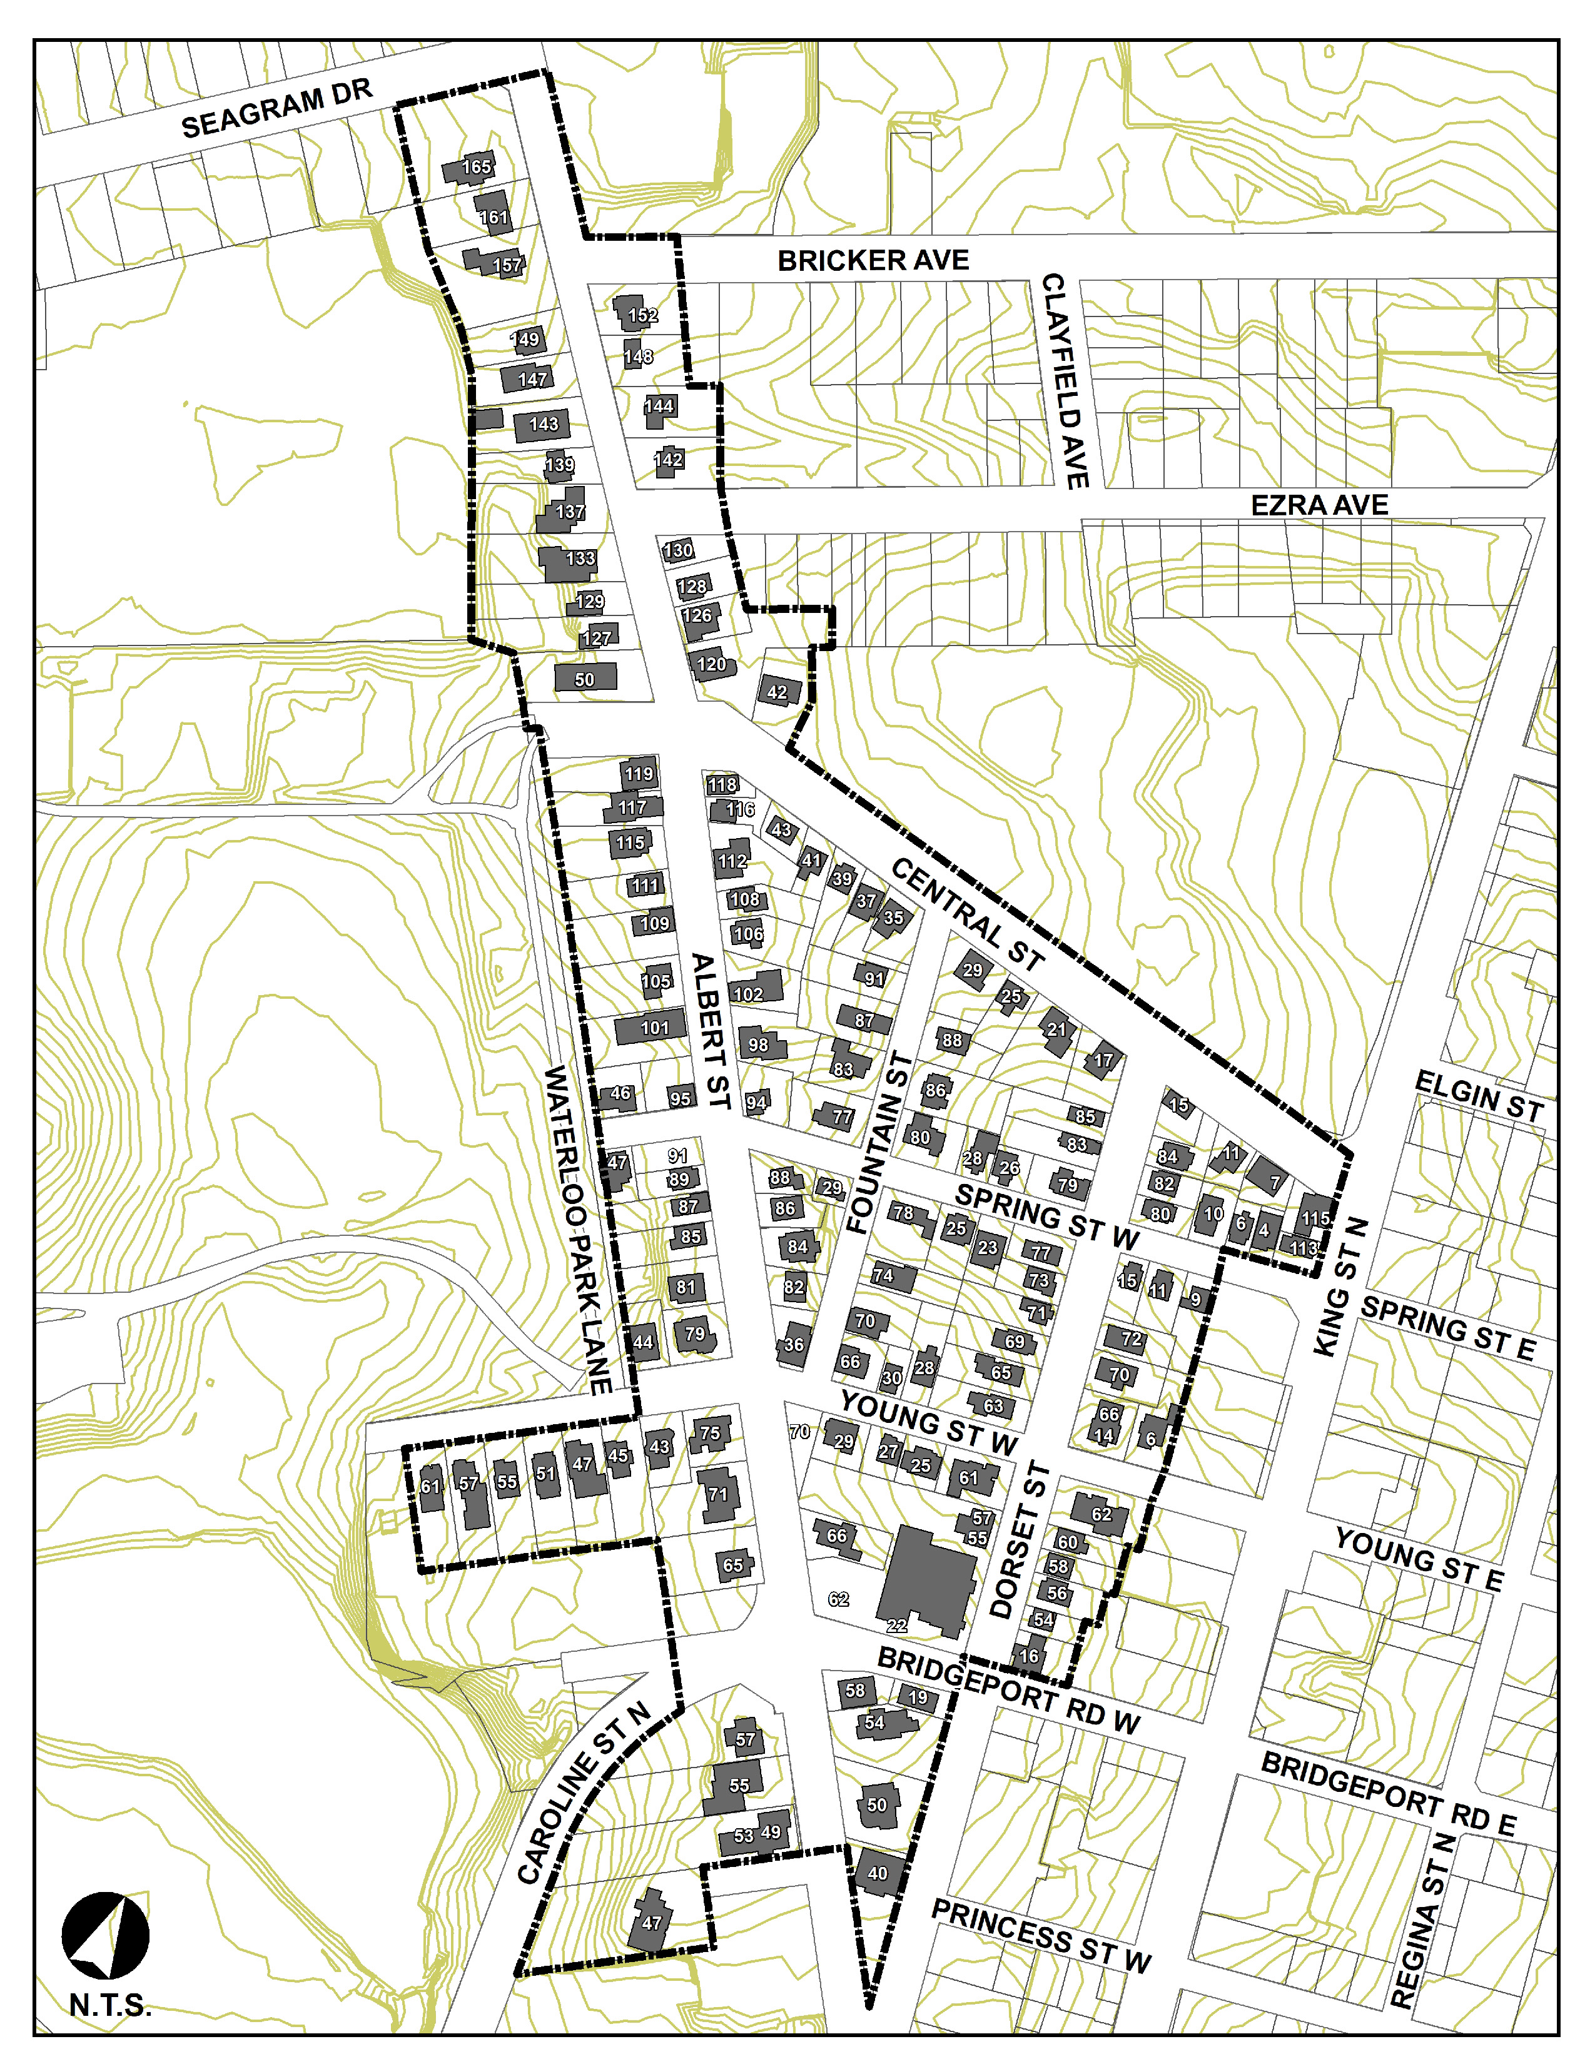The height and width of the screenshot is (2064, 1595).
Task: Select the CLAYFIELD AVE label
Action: point(1066,381)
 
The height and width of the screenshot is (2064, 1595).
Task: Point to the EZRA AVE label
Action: point(1319,505)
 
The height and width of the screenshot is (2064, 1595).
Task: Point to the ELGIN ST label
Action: point(1479,1097)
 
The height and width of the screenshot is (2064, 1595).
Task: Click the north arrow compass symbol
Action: point(106,1936)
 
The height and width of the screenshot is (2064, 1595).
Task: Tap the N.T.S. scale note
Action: point(109,2005)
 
